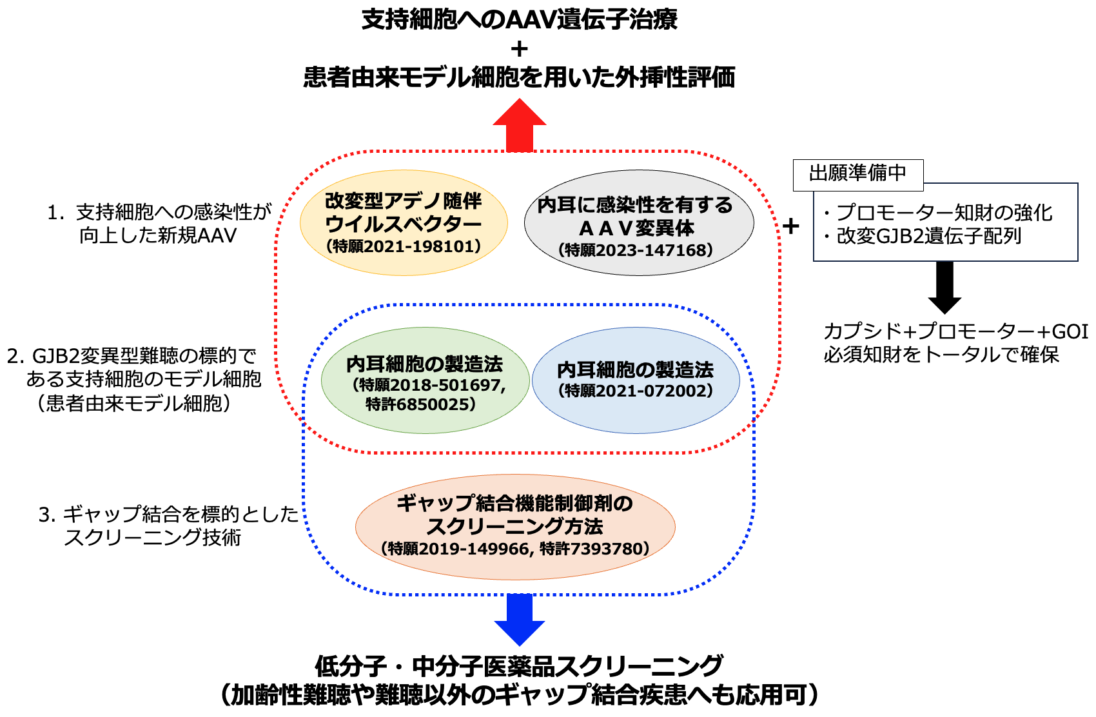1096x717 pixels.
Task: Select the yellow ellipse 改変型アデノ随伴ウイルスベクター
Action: pos(404,222)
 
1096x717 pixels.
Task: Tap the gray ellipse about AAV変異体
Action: pos(638,222)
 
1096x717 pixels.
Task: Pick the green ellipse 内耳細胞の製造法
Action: pos(425,380)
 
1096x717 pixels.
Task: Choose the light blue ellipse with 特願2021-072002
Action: pos(636,380)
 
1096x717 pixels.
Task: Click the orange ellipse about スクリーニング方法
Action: pos(515,526)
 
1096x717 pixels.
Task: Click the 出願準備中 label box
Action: pos(857,174)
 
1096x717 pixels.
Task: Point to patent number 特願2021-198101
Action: pos(404,246)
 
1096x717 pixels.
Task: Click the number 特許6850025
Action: pos(420,404)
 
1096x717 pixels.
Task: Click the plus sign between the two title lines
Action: pos(519,49)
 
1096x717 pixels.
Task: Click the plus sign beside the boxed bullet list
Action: pos(790,226)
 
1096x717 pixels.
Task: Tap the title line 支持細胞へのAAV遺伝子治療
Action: pos(519,19)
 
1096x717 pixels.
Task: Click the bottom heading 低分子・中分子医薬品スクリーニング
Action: pos(519,665)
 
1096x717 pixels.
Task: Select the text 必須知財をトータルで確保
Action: pos(941,355)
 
